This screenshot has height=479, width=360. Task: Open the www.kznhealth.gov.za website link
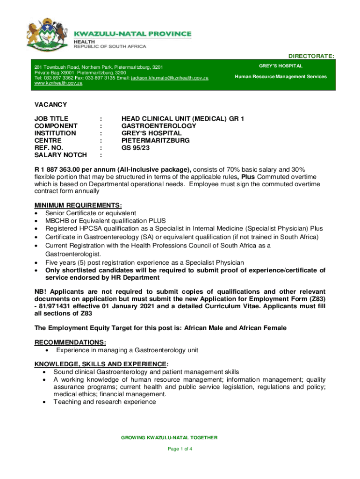pyautogui.click(x=59, y=83)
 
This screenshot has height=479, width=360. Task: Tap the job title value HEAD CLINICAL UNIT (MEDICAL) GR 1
pyautogui.click(x=183, y=119)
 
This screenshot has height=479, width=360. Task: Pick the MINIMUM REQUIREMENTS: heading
pyautogui.click(x=78, y=206)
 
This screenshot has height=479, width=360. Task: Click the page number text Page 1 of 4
pyautogui.click(x=180, y=449)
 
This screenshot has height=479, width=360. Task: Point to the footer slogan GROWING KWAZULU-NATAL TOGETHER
pyautogui.click(x=169, y=438)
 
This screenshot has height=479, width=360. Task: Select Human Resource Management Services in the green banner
pyautogui.click(x=281, y=77)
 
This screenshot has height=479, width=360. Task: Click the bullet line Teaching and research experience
pyautogui.click(x=105, y=402)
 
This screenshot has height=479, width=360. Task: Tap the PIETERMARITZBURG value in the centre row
pyautogui.click(x=156, y=140)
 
